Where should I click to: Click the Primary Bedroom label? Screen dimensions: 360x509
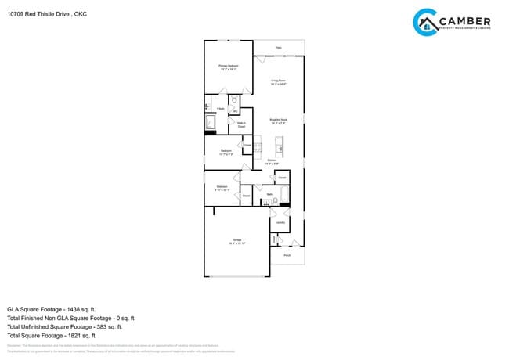[x=228, y=67]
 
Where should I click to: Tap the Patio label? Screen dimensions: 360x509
[x=278, y=48]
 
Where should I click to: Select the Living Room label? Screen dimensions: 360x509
[x=278, y=81]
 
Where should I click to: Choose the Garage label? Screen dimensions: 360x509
[x=236, y=241]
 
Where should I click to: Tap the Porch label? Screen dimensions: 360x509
[x=287, y=255]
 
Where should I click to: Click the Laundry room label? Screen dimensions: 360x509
[x=280, y=222]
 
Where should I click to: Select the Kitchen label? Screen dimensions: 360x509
[x=270, y=162]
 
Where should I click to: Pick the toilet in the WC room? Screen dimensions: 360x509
[x=234, y=101]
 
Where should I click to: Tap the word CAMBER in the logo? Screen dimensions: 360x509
[x=467, y=20]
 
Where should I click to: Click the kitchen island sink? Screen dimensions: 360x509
[x=279, y=146]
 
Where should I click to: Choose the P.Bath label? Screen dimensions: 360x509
[x=221, y=108]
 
